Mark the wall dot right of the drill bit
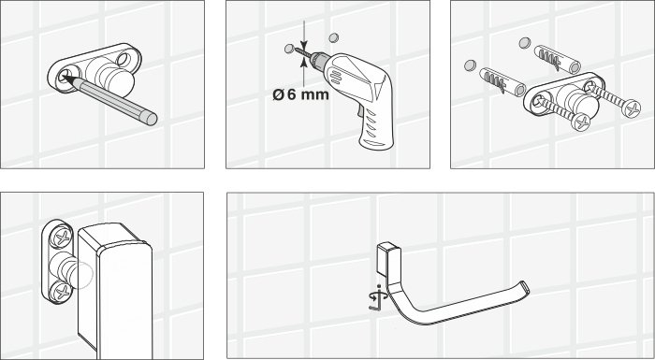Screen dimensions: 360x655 tap(329, 38)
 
